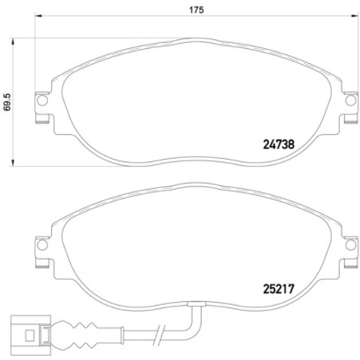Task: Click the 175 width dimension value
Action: (197, 10)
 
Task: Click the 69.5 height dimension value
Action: (8, 102)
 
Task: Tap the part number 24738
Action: (279, 145)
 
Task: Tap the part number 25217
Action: (279, 289)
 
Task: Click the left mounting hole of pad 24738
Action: (42, 100)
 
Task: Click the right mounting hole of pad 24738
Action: (350, 100)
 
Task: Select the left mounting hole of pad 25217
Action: (42, 245)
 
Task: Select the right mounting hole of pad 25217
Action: (350, 245)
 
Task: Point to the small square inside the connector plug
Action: (29, 335)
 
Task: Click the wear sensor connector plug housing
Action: (31, 335)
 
